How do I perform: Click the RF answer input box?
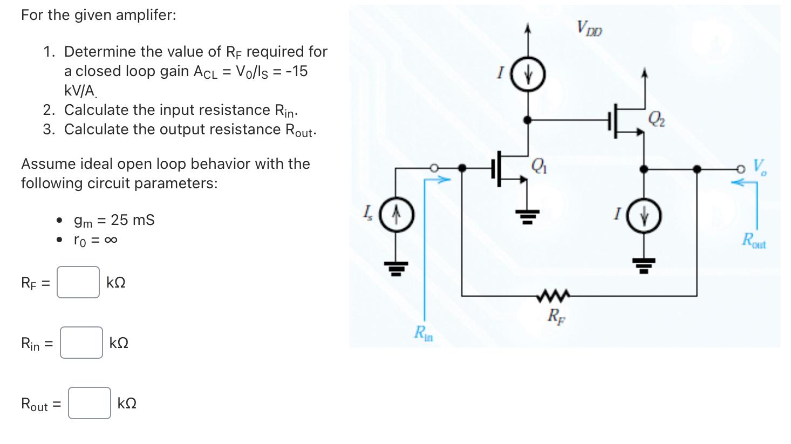pyautogui.click(x=78, y=282)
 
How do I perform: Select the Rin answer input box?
pyautogui.click(x=81, y=343)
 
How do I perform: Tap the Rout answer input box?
pyautogui.click(x=90, y=403)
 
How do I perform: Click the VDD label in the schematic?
pyautogui.click(x=589, y=28)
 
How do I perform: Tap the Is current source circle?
pyautogui.click(x=396, y=216)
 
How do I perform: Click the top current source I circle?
pyautogui.click(x=529, y=76)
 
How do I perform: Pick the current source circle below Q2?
pyautogui.click(x=644, y=217)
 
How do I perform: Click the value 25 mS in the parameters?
pyautogui.click(x=133, y=220)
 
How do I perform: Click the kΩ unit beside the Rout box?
pyautogui.click(x=127, y=404)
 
